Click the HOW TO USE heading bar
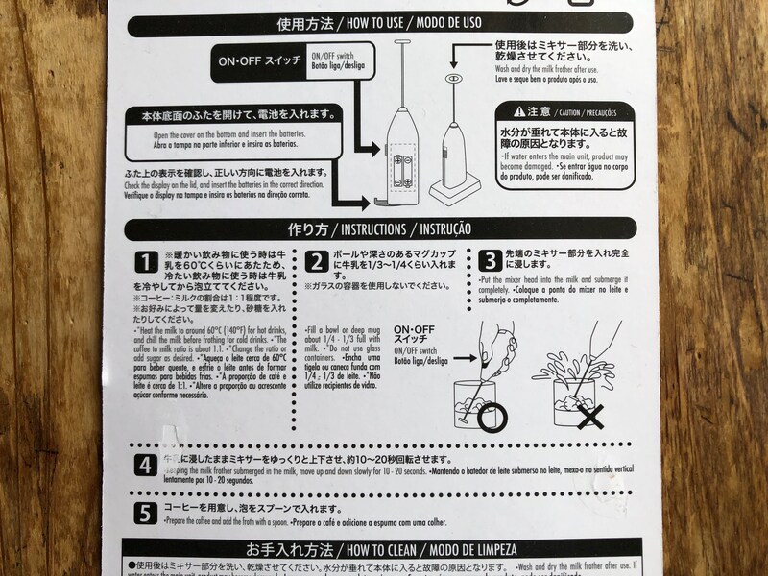tap(384, 22)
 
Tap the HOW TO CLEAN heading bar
tap(384, 550)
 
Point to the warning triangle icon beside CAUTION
tap(519, 111)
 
